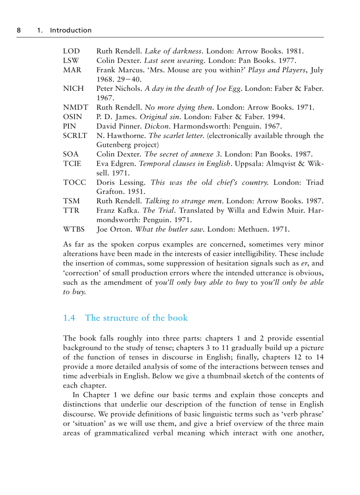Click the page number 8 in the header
point(19,30)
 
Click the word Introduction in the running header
point(71,30)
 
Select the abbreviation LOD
point(71,51)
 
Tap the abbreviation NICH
point(73,89)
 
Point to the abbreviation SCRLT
point(75,136)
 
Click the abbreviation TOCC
point(75,182)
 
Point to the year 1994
point(276,117)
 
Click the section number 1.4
point(70,318)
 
